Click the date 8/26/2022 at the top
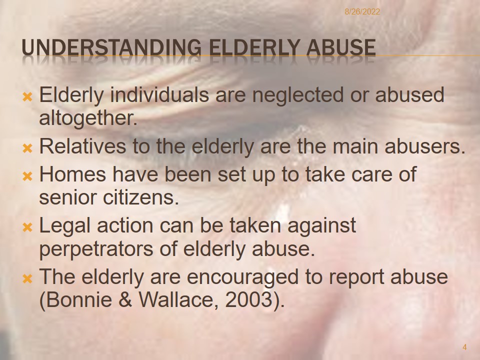coord(362,12)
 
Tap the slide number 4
coord(464,347)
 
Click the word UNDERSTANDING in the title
coord(111,48)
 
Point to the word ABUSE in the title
coord(341,48)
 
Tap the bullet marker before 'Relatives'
coord(27,149)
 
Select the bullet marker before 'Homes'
coord(27,176)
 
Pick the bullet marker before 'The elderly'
coord(27,279)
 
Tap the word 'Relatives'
coord(82,146)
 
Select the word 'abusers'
coord(423,146)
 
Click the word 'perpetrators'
coord(96,249)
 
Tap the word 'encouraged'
coord(242,277)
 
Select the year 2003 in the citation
coord(248,299)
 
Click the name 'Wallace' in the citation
coord(179,300)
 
